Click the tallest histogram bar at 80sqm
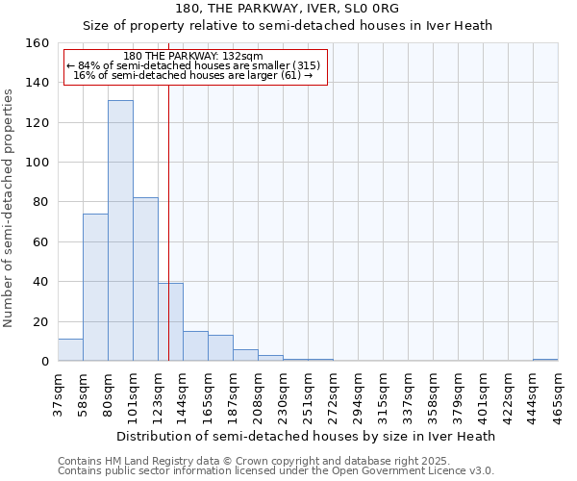coord(120,231)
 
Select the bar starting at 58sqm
coord(95,288)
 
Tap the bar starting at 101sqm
coord(145,279)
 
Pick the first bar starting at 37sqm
coord(70,350)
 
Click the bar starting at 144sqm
coord(195,346)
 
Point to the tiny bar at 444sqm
coord(545,360)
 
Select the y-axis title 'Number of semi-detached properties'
coord(10,203)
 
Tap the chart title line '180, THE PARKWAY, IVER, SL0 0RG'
coord(288,9)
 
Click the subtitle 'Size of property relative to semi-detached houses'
coord(288,26)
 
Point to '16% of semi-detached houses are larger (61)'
coord(193,75)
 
